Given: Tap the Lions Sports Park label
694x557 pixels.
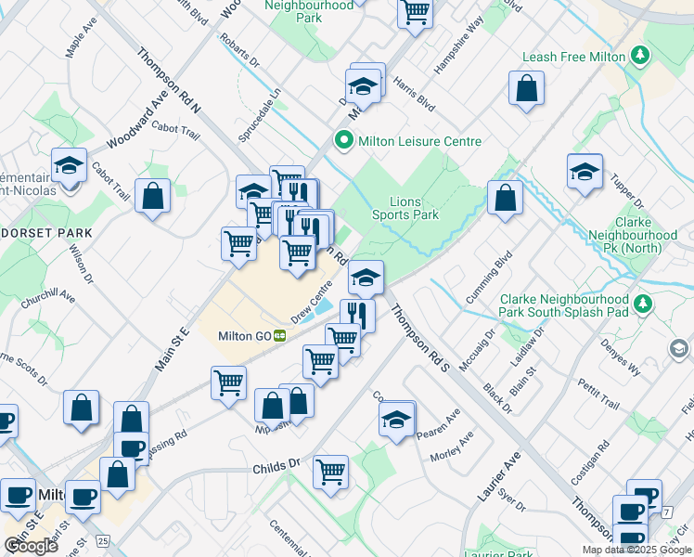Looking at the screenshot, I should tap(405, 208).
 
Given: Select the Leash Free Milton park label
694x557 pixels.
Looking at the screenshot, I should tap(573, 57).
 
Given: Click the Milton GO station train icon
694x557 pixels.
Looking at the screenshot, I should tap(278, 336).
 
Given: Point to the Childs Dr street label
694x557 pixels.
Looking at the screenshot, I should tap(276, 463).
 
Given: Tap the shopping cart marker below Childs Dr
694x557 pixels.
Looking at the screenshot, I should tap(330, 472).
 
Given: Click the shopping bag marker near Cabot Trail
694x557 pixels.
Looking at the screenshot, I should tap(152, 196).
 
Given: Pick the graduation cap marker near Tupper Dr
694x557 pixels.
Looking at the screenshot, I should tap(584, 171).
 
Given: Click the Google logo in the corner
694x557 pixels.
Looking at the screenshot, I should tap(31, 546).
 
